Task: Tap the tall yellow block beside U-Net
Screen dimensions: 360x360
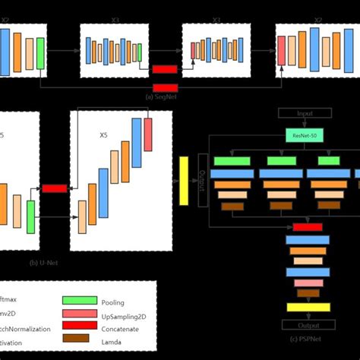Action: pos(184,181)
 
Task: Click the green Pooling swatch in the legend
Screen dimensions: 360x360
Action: pos(79,301)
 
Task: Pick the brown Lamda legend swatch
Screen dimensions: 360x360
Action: pos(79,340)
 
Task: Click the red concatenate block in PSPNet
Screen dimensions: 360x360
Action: pos(307,227)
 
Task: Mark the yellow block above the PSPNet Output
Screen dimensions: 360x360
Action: pos(308,307)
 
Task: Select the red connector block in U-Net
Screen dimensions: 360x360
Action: pos(55,188)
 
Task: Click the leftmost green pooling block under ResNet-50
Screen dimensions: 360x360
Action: pos(232,161)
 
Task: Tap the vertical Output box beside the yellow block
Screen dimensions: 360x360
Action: pos(203,180)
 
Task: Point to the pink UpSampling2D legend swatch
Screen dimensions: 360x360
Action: pos(79,314)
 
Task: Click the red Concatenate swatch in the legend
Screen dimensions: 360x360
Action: pos(79,327)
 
